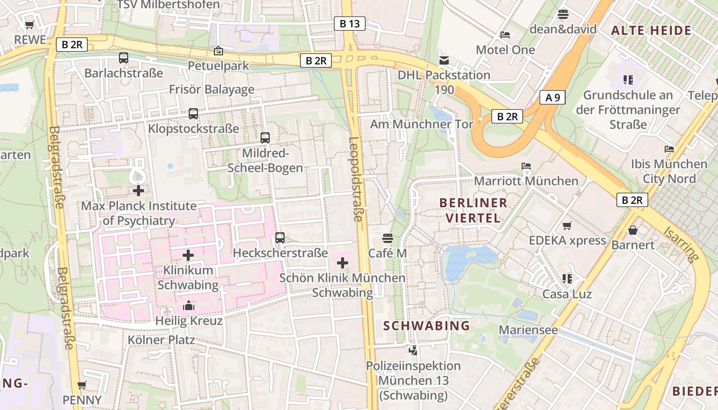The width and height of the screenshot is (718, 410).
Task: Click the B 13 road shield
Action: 350,23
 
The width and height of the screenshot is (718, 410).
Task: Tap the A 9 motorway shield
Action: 552,97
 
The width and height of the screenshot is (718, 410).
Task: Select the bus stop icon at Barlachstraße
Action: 124,58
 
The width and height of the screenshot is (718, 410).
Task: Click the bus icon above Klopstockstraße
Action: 193,114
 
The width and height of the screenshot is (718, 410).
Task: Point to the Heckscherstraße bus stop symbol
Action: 280,238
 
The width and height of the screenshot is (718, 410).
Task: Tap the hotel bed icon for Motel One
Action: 505,35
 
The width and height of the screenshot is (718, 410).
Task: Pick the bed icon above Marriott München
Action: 526,166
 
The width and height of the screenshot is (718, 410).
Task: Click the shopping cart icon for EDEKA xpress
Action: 567,225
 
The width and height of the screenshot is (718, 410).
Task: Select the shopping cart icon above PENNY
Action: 82,385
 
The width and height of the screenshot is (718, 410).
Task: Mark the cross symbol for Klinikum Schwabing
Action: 188,255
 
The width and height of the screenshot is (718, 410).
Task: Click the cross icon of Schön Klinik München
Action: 343,263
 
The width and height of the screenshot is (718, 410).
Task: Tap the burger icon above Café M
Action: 388,238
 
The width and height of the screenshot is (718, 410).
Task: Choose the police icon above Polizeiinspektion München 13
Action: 413,351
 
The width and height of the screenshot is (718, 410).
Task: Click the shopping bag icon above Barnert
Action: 633,230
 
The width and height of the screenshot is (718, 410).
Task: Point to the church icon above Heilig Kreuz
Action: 189,306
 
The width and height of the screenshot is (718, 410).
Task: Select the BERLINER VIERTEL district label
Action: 473,210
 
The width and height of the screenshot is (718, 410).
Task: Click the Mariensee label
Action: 528,330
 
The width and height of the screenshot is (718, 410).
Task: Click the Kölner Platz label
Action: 161,340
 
